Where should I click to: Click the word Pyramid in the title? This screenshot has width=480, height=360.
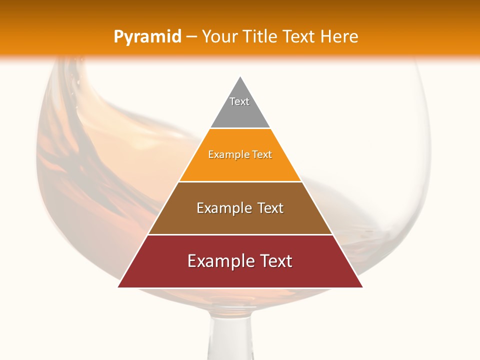(147, 36)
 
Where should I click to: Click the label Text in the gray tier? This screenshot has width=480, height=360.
(239, 101)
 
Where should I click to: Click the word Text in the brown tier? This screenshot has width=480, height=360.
(268, 208)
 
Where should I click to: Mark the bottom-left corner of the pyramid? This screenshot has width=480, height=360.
(118, 287)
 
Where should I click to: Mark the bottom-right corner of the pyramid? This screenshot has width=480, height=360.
(362, 287)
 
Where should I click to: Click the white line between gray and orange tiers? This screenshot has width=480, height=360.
(240, 128)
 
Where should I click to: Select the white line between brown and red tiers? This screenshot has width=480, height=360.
(240, 234)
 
